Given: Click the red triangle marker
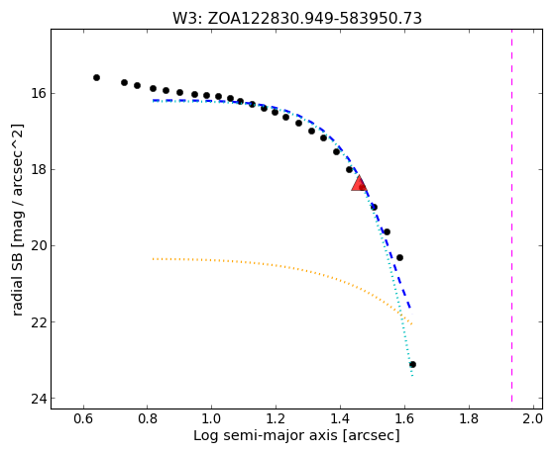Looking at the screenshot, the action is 360,183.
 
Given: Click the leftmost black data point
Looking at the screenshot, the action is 96,77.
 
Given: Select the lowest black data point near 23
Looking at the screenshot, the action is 412,364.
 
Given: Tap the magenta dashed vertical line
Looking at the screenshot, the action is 511,219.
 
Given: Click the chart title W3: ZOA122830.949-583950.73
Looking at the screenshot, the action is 297,19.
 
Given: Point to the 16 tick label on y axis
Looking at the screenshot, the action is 38,94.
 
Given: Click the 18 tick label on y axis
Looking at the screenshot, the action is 38,170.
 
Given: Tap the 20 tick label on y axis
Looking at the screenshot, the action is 38,246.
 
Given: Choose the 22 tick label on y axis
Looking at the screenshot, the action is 38,322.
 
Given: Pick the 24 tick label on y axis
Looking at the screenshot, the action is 38,399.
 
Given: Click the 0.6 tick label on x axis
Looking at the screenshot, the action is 83,419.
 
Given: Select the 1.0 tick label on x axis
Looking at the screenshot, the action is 212,419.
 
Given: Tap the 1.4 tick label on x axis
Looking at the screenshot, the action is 340,419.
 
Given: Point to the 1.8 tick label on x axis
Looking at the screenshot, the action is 469,419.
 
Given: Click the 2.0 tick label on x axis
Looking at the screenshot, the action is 532,419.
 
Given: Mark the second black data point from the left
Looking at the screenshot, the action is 124,82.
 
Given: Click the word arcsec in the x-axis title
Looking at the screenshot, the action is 372,436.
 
